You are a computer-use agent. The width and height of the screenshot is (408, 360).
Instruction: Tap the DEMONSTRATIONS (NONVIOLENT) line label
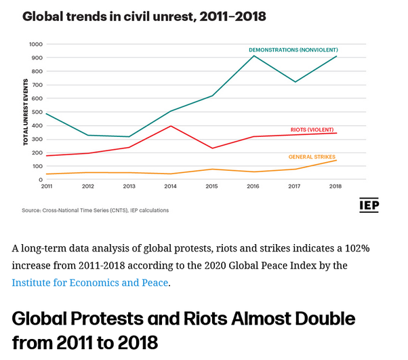coord(293,50)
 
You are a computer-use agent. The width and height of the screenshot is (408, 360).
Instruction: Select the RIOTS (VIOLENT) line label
coord(307,129)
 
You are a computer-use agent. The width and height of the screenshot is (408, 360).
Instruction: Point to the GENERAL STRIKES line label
coord(312,157)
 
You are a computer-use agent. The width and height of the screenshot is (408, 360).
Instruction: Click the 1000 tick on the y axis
coord(36,44)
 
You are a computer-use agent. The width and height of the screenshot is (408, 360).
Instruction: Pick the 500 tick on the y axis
coord(37,112)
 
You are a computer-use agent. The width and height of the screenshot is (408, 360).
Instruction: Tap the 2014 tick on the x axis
coord(171,186)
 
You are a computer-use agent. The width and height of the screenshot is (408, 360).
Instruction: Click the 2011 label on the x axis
coord(47,186)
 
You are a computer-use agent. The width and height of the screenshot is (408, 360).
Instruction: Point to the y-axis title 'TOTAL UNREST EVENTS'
coord(26,113)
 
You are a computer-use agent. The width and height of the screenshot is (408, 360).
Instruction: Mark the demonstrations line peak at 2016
coord(254,56)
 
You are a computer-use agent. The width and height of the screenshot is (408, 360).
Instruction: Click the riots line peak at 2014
coord(171,126)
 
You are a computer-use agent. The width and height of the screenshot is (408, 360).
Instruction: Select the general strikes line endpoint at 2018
coord(337,161)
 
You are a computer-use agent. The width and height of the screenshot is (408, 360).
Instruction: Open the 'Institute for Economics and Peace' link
coord(90,282)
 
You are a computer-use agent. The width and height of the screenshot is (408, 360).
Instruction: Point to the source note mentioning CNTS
coord(95,210)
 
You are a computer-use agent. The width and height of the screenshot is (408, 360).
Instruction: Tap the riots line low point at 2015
coord(213,148)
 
